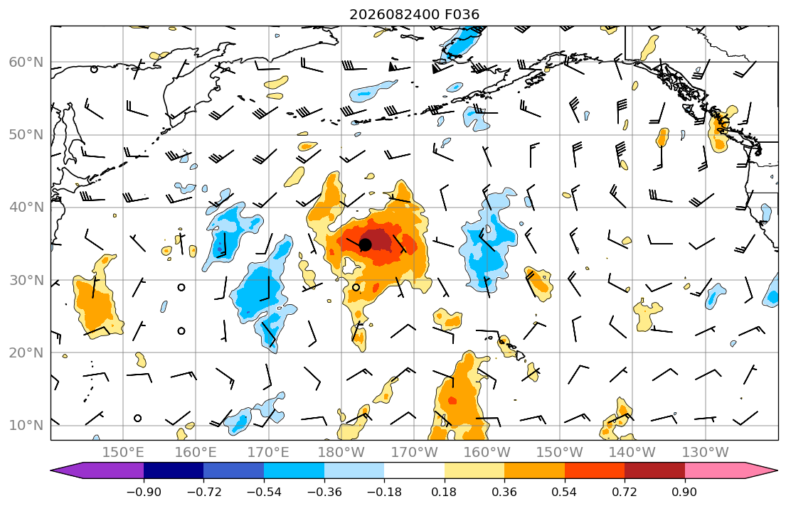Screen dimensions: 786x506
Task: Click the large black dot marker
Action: pyautogui.click(x=366, y=244)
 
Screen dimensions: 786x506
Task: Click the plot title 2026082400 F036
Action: pyautogui.click(x=414, y=14)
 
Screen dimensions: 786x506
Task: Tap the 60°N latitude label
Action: pyautogui.click(x=26, y=62)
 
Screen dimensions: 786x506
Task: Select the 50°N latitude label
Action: pyautogui.click(x=26, y=135)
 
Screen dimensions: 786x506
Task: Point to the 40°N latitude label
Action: pyautogui.click(x=26, y=208)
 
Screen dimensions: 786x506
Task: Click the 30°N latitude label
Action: pyautogui.click(x=26, y=280)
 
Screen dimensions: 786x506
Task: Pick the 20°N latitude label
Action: pyautogui.click(x=26, y=352)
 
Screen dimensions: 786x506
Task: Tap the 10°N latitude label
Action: pyautogui.click(x=26, y=426)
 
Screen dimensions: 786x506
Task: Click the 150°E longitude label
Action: pyautogui.click(x=123, y=453)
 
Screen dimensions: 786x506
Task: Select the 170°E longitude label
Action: pyautogui.click(x=269, y=453)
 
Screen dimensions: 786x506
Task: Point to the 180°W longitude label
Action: pyautogui.click(x=341, y=453)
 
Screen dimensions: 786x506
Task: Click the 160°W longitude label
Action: pyautogui.click(x=487, y=453)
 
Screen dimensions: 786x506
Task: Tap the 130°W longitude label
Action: pyautogui.click(x=706, y=453)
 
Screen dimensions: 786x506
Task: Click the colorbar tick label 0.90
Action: pyautogui.click(x=685, y=492)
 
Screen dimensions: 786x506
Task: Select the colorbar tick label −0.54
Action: pyautogui.click(x=264, y=492)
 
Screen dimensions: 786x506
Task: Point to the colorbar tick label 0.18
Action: pyautogui.click(x=444, y=492)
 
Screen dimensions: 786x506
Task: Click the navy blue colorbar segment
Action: pyautogui.click(x=174, y=470)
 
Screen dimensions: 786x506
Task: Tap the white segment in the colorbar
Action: pyautogui.click(x=414, y=470)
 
